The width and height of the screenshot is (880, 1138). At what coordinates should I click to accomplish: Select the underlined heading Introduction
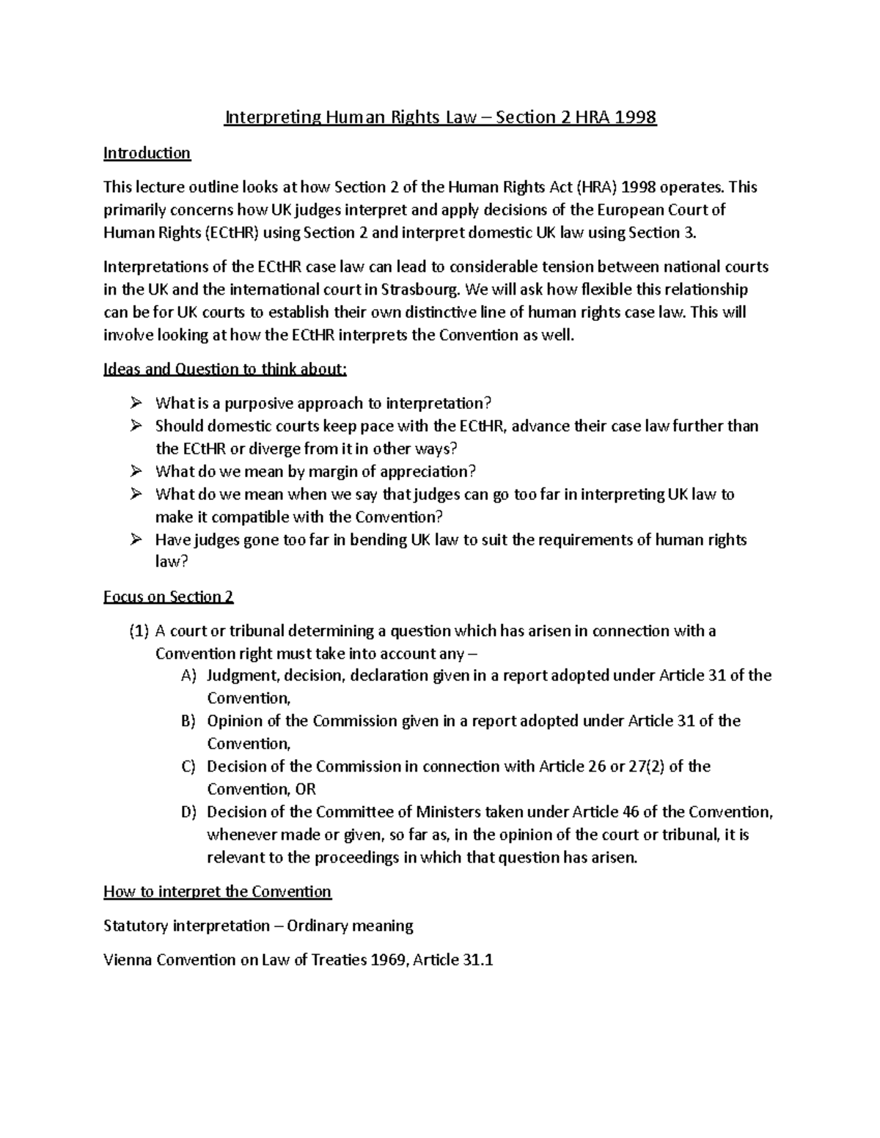pyautogui.click(x=147, y=152)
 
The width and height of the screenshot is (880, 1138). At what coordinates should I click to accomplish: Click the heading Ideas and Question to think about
pyautogui.click(x=225, y=369)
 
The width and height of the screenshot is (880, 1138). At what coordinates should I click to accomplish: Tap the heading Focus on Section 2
pyautogui.click(x=169, y=596)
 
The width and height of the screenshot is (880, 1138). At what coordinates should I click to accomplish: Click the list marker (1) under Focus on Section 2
pyautogui.click(x=139, y=631)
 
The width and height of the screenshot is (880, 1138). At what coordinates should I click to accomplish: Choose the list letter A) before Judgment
pyautogui.click(x=188, y=676)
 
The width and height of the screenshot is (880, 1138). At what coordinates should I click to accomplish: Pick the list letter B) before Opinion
pyautogui.click(x=188, y=721)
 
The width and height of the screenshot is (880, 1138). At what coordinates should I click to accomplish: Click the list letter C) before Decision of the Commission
pyautogui.click(x=188, y=766)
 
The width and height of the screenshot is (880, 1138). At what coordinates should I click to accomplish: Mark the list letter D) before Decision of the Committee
pyautogui.click(x=188, y=812)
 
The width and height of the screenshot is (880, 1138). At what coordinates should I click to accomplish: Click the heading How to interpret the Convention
pyautogui.click(x=218, y=892)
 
